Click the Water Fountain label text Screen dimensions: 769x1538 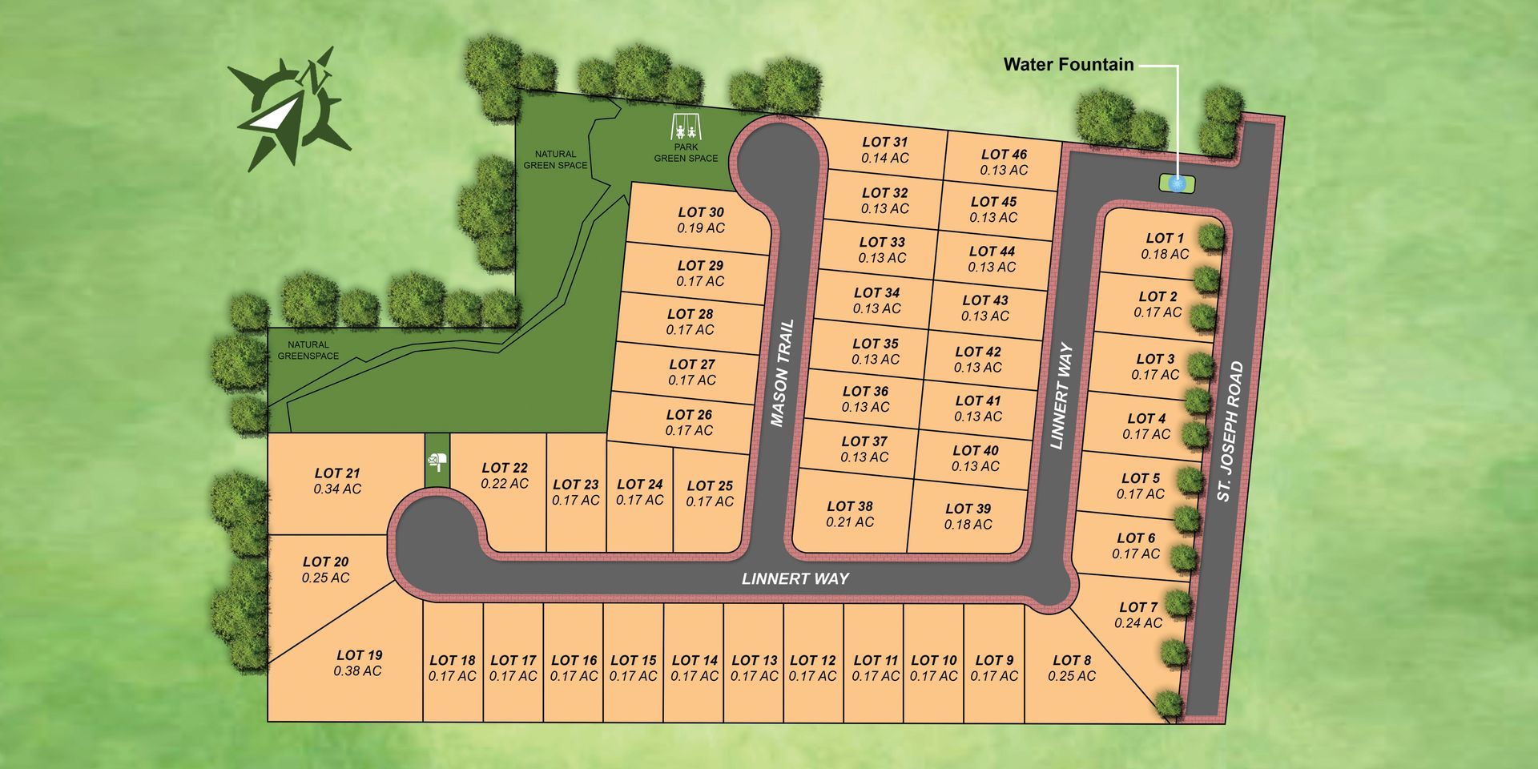coord(1068,65)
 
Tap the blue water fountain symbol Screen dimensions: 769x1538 coord(1177,183)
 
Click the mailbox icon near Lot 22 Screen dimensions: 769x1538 coord(437,461)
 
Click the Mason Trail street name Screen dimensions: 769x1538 coord(781,373)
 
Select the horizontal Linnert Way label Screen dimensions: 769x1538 coord(795,578)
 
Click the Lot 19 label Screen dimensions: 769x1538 coord(359,655)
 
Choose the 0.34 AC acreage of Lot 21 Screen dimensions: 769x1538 coord(337,489)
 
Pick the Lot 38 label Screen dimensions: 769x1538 coord(850,506)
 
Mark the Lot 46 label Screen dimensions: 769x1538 coord(1004,155)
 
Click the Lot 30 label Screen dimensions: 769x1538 coord(701,212)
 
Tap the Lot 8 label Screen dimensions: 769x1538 coord(1072,660)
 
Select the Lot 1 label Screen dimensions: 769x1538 coord(1165,238)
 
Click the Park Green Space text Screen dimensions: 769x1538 coord(686,153)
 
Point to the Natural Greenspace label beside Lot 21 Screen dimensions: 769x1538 coord(308,350)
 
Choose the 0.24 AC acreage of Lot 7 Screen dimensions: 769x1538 coord(1138,623)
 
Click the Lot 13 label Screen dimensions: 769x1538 coord(755,660)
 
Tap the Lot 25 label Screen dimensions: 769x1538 coord(710,485)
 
